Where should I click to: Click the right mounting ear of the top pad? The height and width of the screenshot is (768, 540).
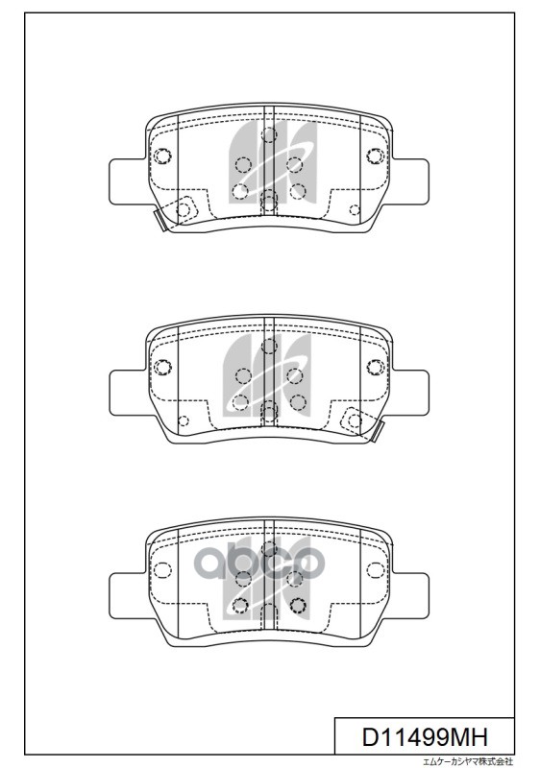point(409,180)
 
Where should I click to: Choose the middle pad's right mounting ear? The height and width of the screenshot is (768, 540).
point(409,388)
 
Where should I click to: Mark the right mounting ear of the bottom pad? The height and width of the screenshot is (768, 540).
point(409,592)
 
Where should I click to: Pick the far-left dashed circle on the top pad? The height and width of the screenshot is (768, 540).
point(162,157)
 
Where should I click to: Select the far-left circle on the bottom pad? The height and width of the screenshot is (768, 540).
point(162,570)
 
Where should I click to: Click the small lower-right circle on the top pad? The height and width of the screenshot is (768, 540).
point(355,209)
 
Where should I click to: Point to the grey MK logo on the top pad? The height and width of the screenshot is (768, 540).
point(269,163)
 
